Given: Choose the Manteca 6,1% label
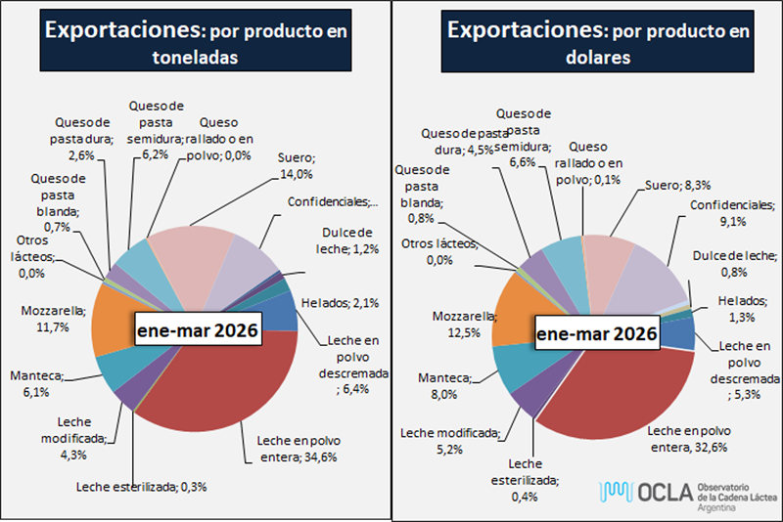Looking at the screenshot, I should pyautogui.click(x=35, y=383).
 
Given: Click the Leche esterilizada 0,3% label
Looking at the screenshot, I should pyautogui.click(x=142, y=486).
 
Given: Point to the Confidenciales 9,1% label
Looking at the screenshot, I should pyautogui.click(x=732, y=213).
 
